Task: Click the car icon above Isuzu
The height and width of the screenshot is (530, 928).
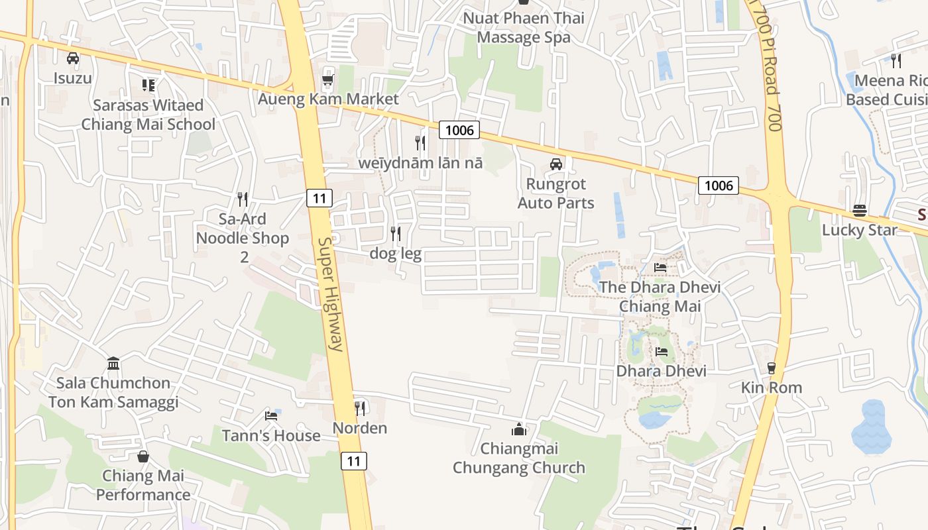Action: click(73, 58)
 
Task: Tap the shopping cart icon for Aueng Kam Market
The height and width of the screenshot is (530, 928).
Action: click(327, 79)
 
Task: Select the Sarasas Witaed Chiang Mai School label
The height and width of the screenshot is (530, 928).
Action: click(148, 115)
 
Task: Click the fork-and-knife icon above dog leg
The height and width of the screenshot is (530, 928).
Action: click(396, 233)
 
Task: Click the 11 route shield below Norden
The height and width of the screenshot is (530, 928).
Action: click(354, 460)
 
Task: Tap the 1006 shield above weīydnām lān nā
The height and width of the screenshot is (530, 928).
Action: click(459, 130)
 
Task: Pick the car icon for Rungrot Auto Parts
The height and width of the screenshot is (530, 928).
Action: click(556, 164)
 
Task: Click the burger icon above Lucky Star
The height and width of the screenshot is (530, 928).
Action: click(860, 211)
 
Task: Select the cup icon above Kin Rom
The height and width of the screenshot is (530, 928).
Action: click(771, 368)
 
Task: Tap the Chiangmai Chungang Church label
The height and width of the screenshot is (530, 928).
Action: click(519, 458)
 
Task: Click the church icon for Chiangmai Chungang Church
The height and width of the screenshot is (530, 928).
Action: click(519, 429)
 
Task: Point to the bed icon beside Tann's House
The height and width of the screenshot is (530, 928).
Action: click(271, 416)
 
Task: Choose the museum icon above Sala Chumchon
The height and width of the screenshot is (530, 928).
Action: click(113, 363)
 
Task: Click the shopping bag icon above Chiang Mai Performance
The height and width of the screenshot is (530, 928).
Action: click(143, 456)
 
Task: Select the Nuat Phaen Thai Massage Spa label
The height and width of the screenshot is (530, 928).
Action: click(524, 28)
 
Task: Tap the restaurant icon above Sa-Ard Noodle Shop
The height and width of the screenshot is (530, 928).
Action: click(243, 199)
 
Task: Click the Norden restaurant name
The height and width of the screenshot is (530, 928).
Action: click(360, 428)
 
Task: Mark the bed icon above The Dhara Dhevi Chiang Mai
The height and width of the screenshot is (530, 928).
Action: click(661, 268)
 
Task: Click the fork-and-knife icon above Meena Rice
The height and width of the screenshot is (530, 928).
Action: click(896, 60)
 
